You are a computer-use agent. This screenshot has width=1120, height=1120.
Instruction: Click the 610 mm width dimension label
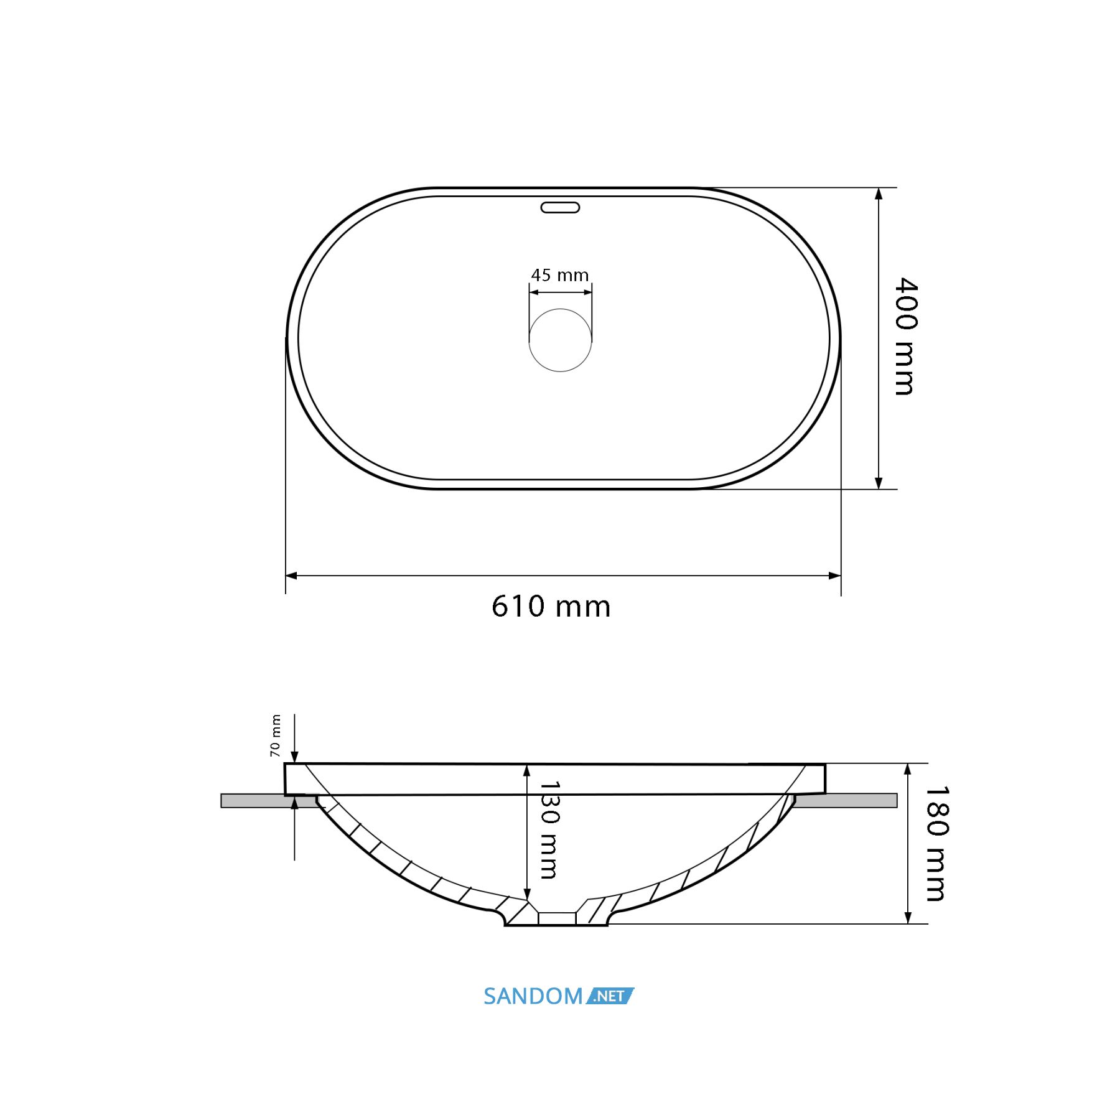[551, 606]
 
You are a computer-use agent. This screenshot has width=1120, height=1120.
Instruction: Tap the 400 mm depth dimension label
[906, 336]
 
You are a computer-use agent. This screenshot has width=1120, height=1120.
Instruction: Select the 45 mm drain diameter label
[559, 275]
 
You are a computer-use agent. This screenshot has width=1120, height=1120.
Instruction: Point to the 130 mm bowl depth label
[549, 830]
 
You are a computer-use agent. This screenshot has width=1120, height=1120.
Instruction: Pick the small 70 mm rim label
[275, 735]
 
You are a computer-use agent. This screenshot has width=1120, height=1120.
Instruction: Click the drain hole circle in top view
[560, 340]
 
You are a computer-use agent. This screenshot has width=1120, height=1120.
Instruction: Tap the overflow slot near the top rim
[560, 207]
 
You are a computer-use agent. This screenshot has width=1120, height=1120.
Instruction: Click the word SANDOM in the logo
[533, 996]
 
